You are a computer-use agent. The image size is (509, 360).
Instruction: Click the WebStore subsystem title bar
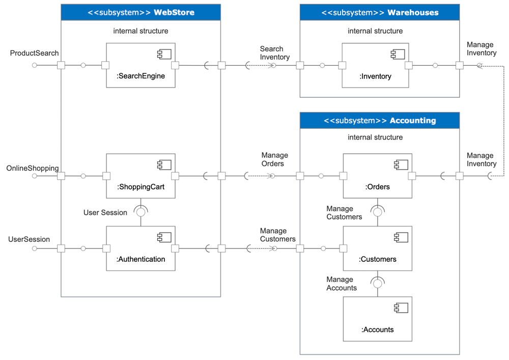pyautogui.click(x=140, y=12)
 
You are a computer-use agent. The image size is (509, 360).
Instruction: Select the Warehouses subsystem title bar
pyautogui.click(x=379, y=12)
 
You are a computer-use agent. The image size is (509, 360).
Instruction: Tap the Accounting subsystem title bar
pyautogui.click(x=379, y=121)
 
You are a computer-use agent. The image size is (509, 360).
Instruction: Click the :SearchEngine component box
pyautogui.click(x=140, y=65)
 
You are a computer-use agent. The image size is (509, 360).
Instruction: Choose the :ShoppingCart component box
pyautogui.click(x=140, y=176)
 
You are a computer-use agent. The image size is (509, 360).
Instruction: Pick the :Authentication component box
pyautogui.click(x=140, y=248)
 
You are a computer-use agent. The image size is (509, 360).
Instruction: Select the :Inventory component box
pyautogui.click(x=376, y=65)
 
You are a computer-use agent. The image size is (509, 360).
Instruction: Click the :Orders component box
pyautogui.click(x=377, y=176)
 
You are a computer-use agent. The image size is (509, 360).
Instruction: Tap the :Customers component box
pyautogui.click(x=377, y=248)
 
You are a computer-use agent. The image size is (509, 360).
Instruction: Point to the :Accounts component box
pyautogui.click(x=377, y=319)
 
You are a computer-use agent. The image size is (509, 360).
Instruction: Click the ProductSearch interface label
pyautogui.click(x=35, y=53)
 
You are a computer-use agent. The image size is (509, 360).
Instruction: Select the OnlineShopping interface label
pyautogui.click(x=33, y=168)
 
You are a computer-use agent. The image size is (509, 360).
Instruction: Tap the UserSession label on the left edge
pyautogui.click(x=29, y=239)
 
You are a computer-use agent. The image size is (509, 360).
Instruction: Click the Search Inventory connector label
pyautogui.click(x=275, y=53)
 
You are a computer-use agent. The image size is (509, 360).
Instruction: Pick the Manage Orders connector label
pyautogui.click(x=275, y=159)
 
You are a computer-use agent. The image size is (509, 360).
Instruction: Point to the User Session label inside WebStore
pyautogui.click(x=105, y=212)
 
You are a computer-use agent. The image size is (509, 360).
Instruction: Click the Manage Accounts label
pyautogui.click(x=342, y=284)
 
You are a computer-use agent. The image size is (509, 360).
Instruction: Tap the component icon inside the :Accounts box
pyautogui.click(x=399, y=308)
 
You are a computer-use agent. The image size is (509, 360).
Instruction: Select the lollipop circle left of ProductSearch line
pyautogui.click(x=35, y=65)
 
